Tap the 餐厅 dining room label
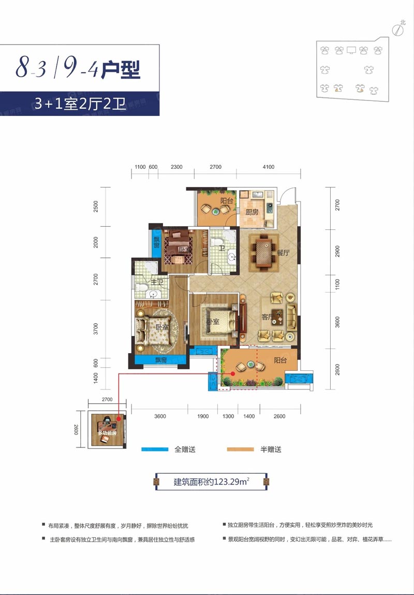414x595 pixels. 282,253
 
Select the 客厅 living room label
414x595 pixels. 268,317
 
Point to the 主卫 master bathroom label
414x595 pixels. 157,282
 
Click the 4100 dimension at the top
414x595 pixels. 268,167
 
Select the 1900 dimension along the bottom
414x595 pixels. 203,416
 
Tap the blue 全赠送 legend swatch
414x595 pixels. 155,449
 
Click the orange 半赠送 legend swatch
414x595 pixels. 240,449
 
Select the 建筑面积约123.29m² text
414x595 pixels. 212,482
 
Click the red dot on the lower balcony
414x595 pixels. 233,373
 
